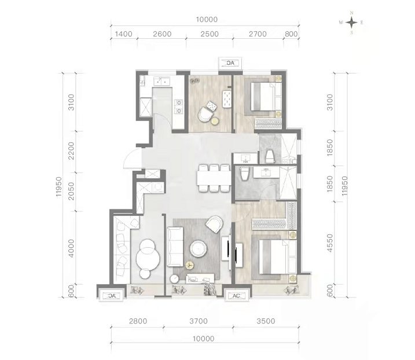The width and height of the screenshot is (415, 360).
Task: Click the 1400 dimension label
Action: pos(124,34)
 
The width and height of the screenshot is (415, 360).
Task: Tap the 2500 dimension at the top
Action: pos(210,34)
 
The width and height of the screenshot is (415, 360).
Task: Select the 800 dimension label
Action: pos(291,34)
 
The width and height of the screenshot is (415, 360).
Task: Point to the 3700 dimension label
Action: pos(199,321)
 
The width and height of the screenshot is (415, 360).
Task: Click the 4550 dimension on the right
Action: pos(330,243)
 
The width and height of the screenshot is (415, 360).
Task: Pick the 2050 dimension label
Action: pos(71,191)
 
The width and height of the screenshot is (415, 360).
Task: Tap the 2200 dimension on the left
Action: pos(71,151)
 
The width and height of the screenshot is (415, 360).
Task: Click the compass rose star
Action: pos(351,23)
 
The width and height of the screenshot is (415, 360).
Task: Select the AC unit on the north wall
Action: pos(230,63)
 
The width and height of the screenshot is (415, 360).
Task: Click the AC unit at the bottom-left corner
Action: pos(111,295)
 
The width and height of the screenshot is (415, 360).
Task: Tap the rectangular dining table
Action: pos(214,178)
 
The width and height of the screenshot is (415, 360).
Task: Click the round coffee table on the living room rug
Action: pos(198,248)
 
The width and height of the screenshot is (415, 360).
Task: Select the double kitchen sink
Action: pos(162,81)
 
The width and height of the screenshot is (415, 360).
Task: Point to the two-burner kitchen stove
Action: pos(179,106)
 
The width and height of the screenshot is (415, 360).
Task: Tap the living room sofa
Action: pos(175,247)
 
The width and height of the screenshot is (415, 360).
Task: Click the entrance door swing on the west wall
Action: pos(133,159)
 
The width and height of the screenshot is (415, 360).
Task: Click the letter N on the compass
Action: pos(351,13)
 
